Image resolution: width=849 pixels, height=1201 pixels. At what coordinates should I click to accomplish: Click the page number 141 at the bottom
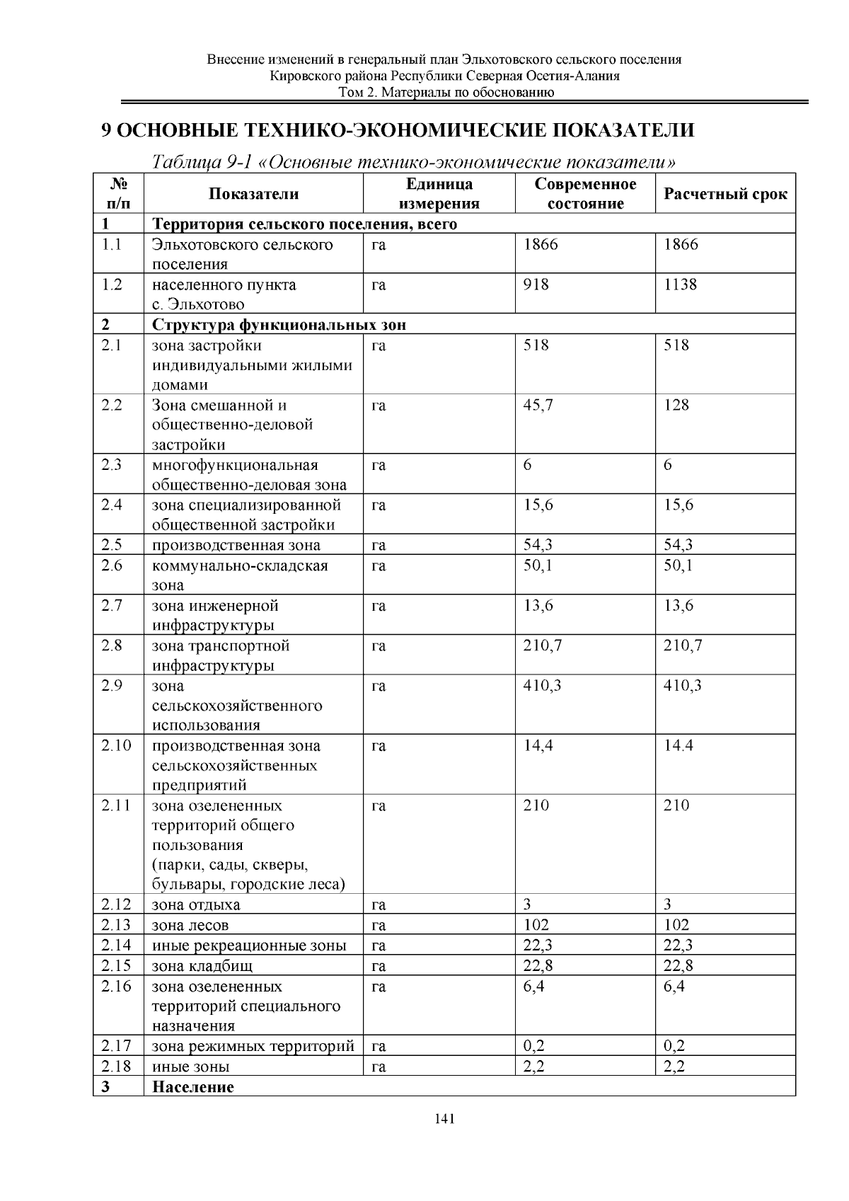click(444, 1119)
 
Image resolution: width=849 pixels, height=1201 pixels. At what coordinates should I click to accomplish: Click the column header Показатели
click(253, 194)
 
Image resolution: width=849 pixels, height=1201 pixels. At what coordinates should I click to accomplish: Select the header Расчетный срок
click(724, 194)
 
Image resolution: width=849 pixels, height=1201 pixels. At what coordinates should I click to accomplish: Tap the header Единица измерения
click(439, 194)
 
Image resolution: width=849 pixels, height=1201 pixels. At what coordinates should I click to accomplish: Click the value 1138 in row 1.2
click(680, 285)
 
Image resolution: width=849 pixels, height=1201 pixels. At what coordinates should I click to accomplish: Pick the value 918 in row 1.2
click(536, 285)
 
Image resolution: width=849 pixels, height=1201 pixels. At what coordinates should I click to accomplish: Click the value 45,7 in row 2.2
click(538, 405)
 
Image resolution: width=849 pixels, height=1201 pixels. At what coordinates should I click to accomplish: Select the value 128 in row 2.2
click(676, 405)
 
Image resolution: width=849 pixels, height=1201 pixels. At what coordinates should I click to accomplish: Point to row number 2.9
click(111, 685)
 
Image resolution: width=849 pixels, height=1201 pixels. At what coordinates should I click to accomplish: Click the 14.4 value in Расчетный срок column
click(678, 745)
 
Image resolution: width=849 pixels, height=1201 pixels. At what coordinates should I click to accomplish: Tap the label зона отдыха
click(196, 904)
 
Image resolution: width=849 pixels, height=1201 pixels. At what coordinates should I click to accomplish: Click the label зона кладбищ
click(202, 966)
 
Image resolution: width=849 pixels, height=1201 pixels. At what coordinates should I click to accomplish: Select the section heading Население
click(192, 1087)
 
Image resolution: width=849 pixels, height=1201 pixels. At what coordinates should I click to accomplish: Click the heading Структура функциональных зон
click(279, 325)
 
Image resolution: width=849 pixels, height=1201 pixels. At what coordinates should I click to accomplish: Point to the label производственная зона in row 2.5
click(236, 545)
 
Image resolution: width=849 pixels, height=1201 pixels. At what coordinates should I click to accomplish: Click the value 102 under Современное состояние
click(536, 925)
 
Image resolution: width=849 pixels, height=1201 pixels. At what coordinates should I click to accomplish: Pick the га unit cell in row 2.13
click(378, 925)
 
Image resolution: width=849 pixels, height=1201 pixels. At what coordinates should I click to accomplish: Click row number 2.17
click(116, 1046)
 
